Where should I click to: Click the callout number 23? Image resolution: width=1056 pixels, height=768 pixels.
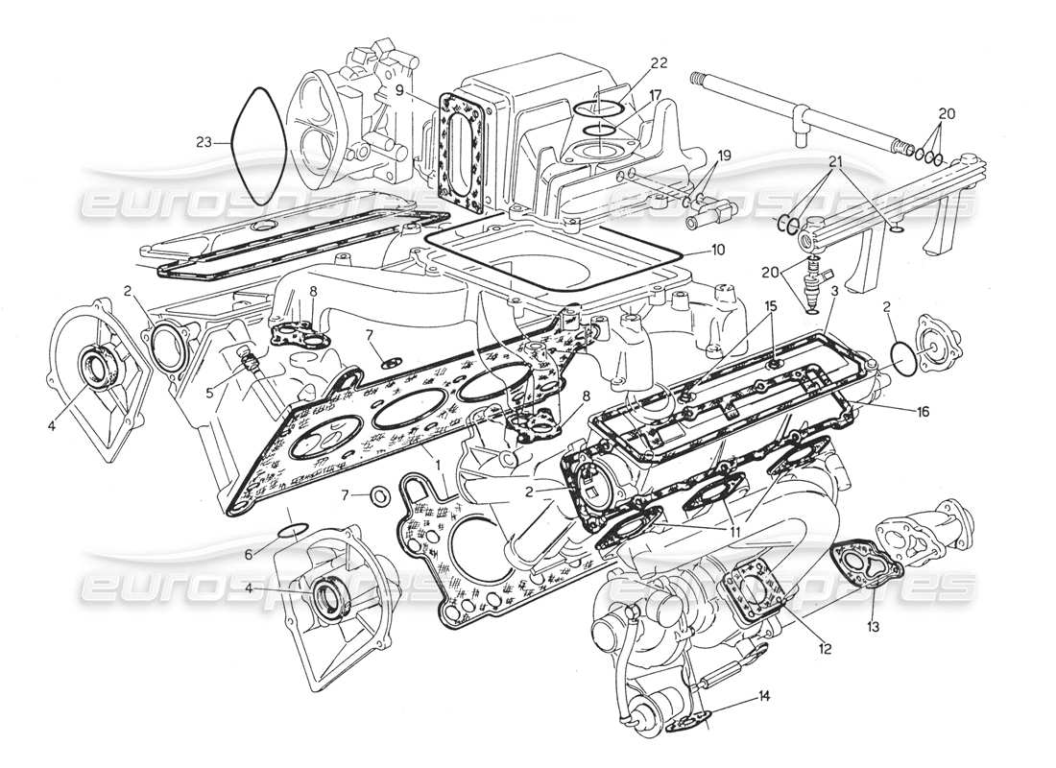tap(203, 143)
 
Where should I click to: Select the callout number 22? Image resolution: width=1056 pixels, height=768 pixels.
tap(658, 63)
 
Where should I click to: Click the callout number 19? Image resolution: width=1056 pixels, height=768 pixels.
tap(723, 155)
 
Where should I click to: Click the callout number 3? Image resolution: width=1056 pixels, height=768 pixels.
tap(834, 289)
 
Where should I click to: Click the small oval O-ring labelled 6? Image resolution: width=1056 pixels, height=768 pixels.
tap(293, 530)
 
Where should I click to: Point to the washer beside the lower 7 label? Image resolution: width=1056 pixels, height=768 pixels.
tap(379, 495)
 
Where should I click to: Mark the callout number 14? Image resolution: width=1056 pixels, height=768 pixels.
tap(763, 694)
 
